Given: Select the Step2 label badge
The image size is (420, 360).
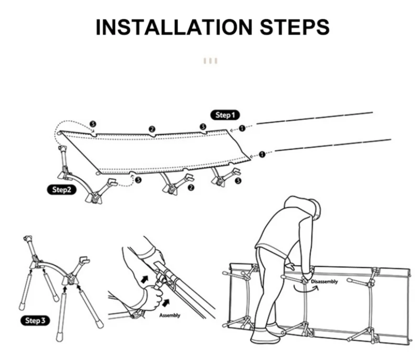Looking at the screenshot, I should coord(61,190).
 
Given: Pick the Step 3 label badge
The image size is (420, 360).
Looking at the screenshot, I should coord(36,320).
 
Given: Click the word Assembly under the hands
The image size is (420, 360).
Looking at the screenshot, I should coord(169,315).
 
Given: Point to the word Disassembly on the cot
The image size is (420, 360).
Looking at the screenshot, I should coord(325,281).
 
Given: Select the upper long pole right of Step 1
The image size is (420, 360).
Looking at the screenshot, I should coord(315,118).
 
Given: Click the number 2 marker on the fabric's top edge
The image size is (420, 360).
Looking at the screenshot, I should coord(152,128).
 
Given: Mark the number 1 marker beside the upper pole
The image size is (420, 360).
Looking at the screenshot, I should coord(242,128).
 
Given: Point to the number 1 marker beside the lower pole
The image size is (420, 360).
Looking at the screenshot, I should coord(262,154).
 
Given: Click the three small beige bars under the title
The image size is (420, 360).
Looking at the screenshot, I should coord(210,61).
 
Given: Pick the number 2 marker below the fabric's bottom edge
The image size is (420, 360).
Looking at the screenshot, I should coord(191,187).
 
